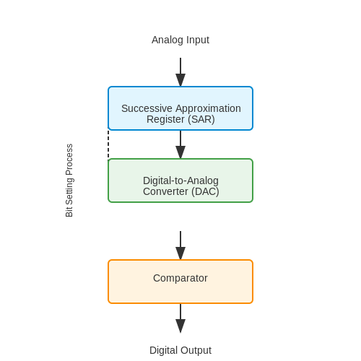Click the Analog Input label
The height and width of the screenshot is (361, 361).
pos(180,40)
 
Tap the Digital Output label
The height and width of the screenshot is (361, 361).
pos(180,350)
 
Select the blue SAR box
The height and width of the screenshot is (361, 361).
pos(180,108)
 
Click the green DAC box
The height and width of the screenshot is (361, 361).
pos(180,180)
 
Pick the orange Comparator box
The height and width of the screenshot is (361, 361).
pos(180,282)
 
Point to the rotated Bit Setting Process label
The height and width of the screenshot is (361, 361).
pos(69,180)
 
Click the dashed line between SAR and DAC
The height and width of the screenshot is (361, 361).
pos(108,144)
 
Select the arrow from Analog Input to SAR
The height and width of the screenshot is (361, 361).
pos(180,72)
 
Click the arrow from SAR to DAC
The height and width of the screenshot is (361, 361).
pos(180,144)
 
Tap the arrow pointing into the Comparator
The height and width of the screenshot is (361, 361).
pos(180,245)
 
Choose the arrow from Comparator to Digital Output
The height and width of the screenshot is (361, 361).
pos(180,318)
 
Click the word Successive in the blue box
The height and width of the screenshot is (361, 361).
pos(147,108)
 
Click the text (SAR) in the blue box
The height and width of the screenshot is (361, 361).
pos(201,119)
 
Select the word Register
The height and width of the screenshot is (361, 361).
pos(165,119)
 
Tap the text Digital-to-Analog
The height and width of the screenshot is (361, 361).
pos(180,180)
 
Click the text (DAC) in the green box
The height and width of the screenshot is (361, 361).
pos(205,191)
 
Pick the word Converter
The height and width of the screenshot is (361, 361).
pos(165,191)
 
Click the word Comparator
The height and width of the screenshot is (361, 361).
pos(180,278)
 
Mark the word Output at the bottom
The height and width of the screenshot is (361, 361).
pos(196,350)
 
